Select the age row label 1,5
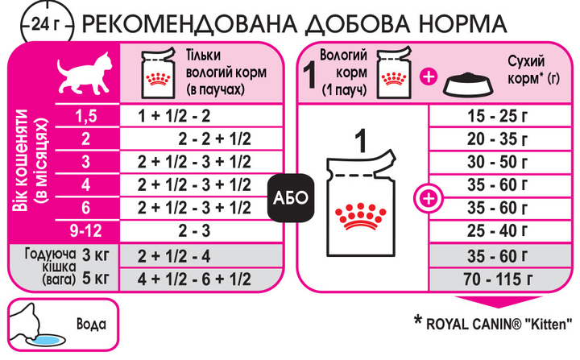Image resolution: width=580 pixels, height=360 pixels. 86,116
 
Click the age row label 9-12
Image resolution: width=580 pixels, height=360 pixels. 86,232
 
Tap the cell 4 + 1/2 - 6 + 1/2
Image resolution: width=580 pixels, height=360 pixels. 194,279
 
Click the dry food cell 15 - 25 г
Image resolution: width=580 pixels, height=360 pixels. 497,116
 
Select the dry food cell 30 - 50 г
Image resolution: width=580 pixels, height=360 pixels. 497,162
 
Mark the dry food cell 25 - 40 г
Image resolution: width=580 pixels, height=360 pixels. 497,232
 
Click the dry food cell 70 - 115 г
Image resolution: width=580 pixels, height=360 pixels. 497,279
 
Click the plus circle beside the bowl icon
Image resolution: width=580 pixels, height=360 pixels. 428,77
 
